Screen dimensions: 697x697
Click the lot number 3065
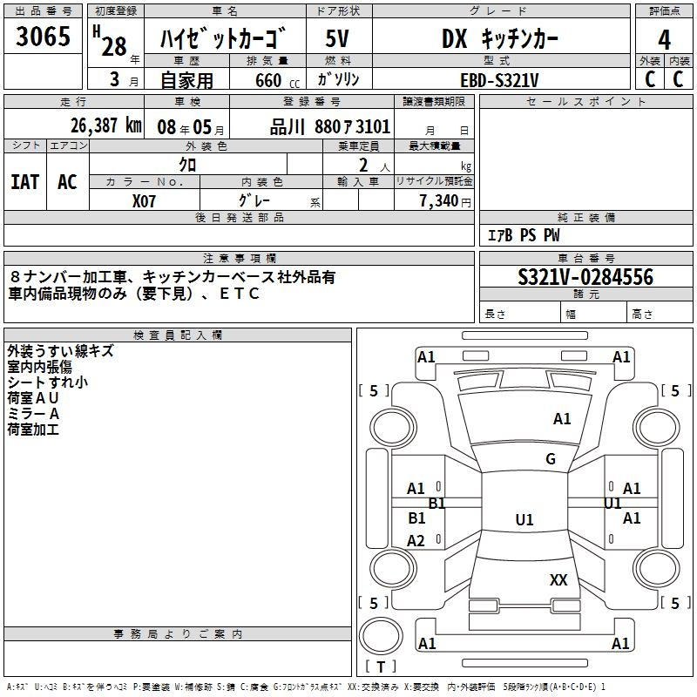tap(43, 37)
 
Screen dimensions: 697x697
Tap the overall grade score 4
tap(664, 40)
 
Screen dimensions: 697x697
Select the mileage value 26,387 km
tap(106, 125)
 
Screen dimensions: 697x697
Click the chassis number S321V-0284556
tap(585, 277)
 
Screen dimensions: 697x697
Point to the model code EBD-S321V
tap(499, 80)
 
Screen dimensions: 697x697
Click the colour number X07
tap(144, 201)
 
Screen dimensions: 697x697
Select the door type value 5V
tap(337, 38)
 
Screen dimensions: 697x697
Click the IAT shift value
tap(25, 182)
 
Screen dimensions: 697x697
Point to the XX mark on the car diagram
tap(558, 579)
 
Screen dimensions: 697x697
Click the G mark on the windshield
tap(551, 458)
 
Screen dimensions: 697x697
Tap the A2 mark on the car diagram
tap(416, 540)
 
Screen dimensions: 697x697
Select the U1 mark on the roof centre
tap(524, 519)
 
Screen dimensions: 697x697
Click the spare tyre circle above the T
tap(381, 635)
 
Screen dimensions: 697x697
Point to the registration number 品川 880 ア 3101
tap(330, 127)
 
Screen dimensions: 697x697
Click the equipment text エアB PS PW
tap(524, 235)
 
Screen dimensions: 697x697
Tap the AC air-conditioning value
tap(67, 182)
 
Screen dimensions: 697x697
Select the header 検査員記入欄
tap(178, 335)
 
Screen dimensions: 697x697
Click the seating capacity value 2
tap(363, 165)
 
